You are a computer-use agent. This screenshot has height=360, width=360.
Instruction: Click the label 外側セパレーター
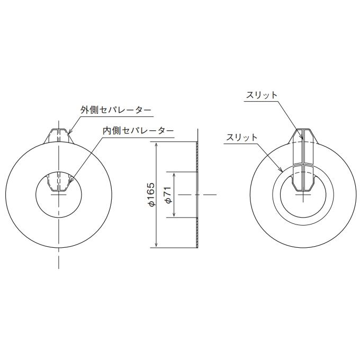116,110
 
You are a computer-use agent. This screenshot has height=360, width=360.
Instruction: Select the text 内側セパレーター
138,130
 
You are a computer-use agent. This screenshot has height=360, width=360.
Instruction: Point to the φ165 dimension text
150,194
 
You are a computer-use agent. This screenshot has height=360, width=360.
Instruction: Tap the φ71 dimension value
169,194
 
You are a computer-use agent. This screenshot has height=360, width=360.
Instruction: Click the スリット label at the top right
262,95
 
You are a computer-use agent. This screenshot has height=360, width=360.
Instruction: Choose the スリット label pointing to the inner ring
242,137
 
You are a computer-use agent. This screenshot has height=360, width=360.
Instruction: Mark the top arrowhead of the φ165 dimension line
157,145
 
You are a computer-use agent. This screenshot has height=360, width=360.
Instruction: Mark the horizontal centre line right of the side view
209,194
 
